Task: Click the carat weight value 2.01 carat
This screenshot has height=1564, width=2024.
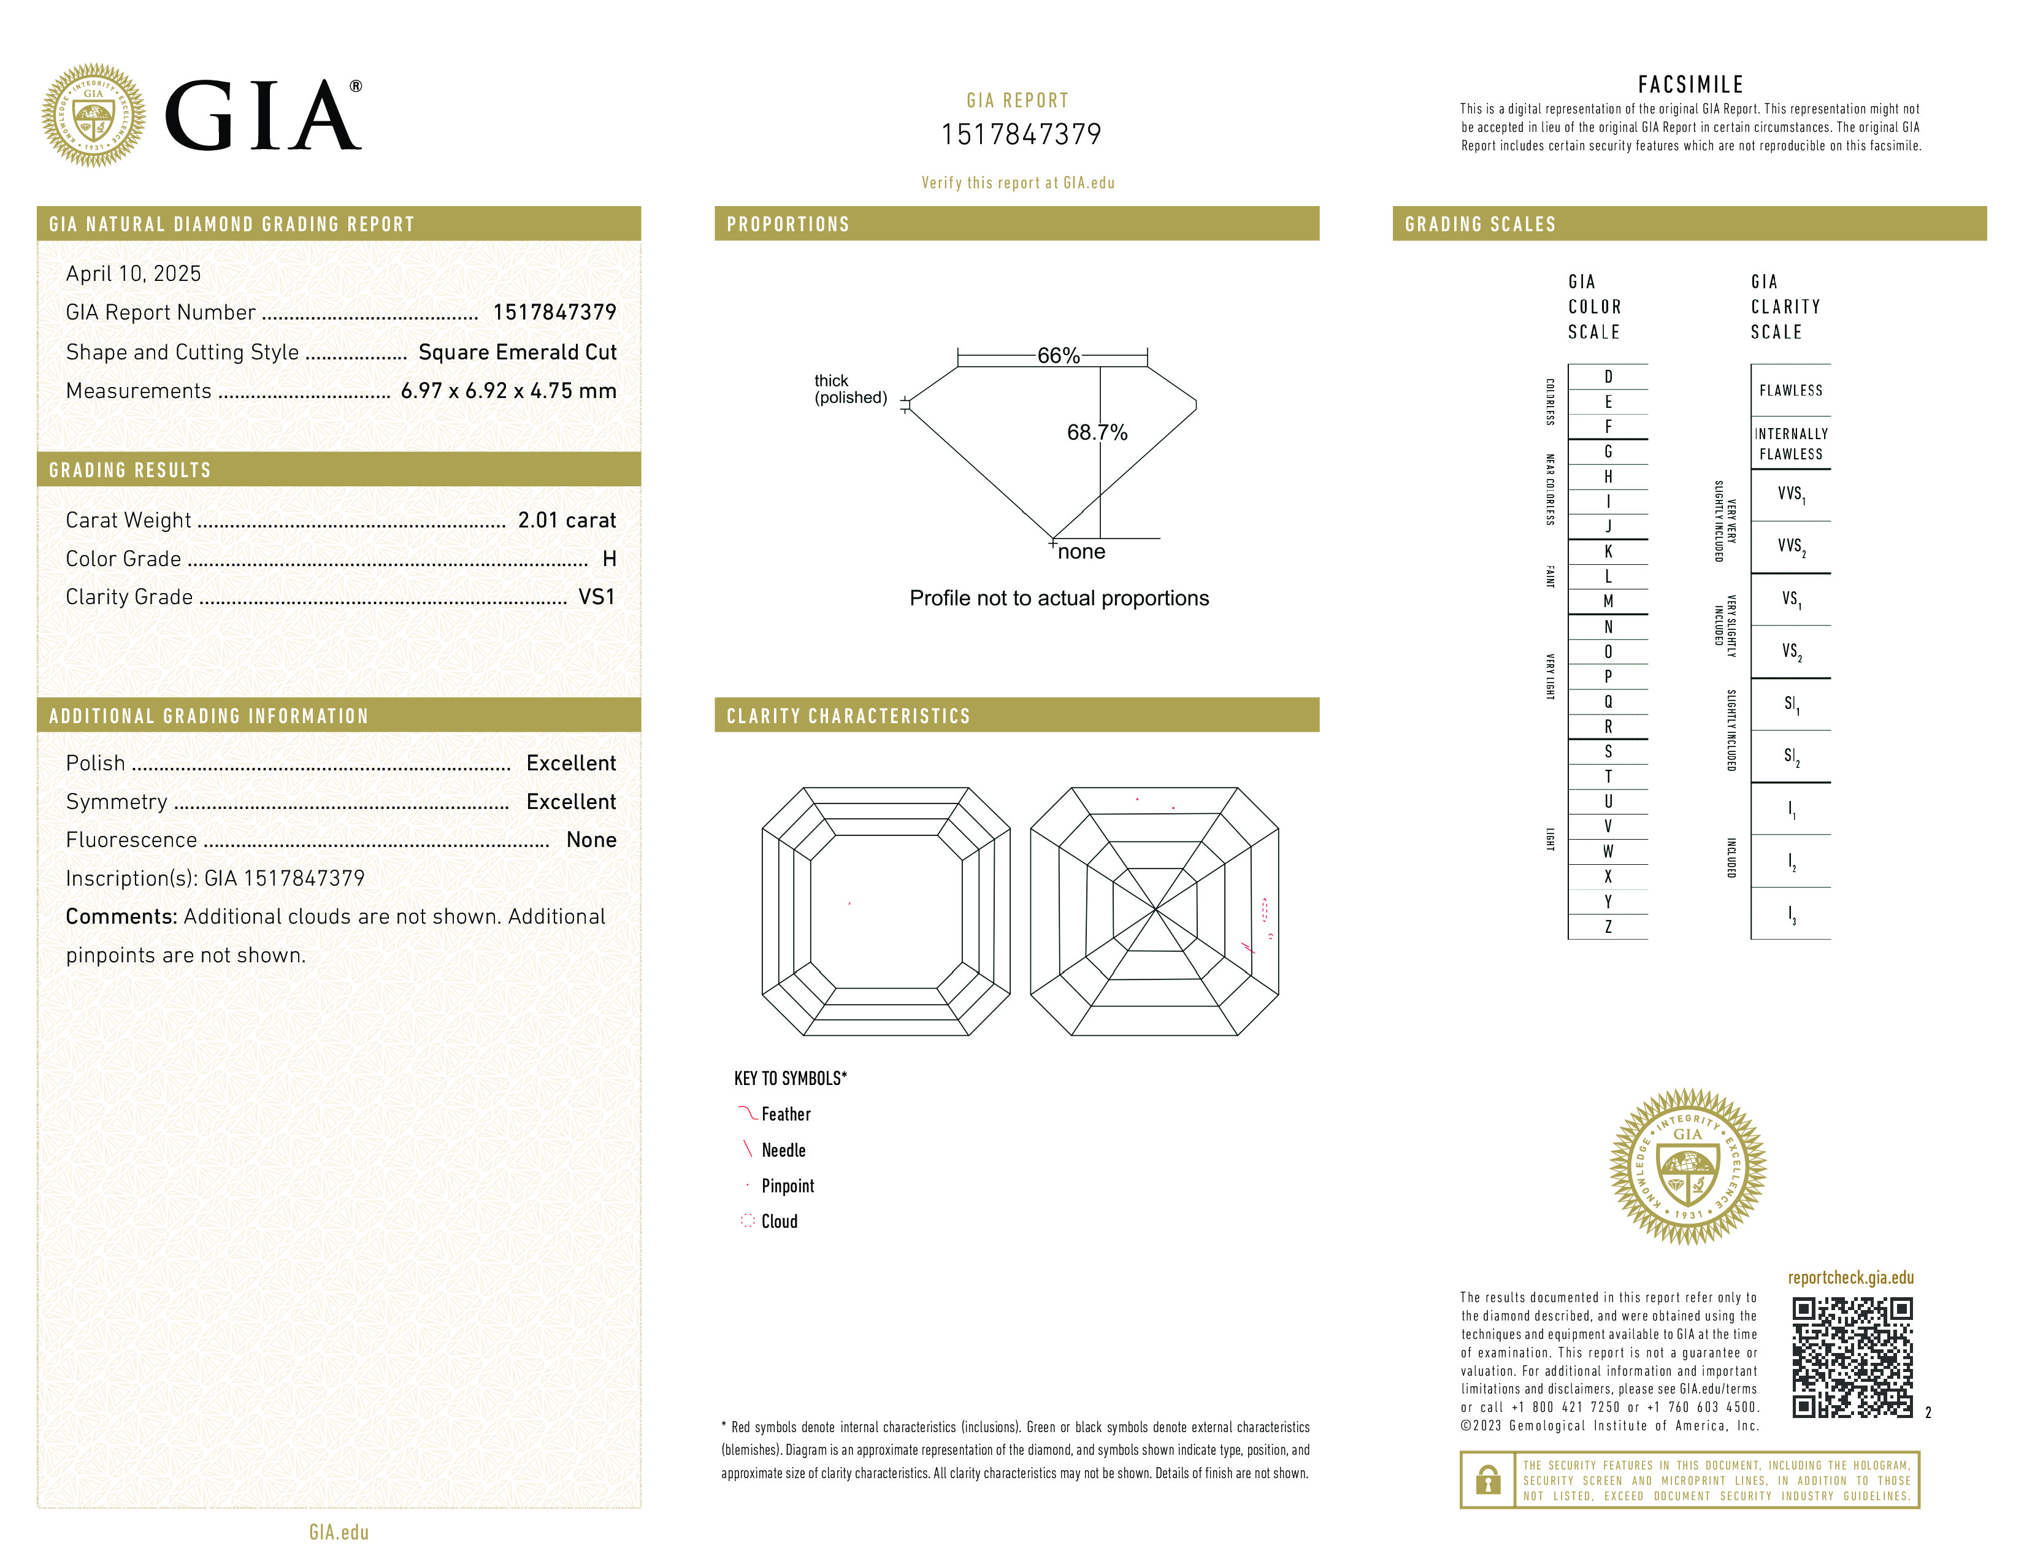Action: (x=566, y=519)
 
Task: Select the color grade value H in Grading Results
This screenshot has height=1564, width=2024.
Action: (x=609, y=559)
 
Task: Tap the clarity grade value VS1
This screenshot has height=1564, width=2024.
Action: (x=596, y=597)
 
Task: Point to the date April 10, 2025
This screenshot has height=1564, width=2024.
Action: (x=134, y=274)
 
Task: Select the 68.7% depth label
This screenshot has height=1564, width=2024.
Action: (x=1097, y=432)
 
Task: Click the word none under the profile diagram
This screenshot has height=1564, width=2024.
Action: (x=1081, y=552)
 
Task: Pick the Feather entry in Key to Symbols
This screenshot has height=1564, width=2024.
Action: (x=785, y=1114)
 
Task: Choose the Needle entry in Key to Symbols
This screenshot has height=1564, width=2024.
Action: (x=783, y=1150)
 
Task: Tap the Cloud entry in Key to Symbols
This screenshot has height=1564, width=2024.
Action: (x=778, y=1221)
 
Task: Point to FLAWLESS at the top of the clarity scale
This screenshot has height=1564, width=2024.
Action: (x=1790, y=390)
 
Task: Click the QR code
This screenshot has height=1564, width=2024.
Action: (x=1852, y=1357)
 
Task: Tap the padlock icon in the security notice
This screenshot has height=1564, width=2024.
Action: (x=1487, y=1480)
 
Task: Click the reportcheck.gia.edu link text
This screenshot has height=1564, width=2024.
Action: (x=1850, y=1278)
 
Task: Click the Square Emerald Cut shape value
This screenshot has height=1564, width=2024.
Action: (x=517, y=352)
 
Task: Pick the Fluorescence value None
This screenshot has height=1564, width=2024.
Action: (x=591, y=840)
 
